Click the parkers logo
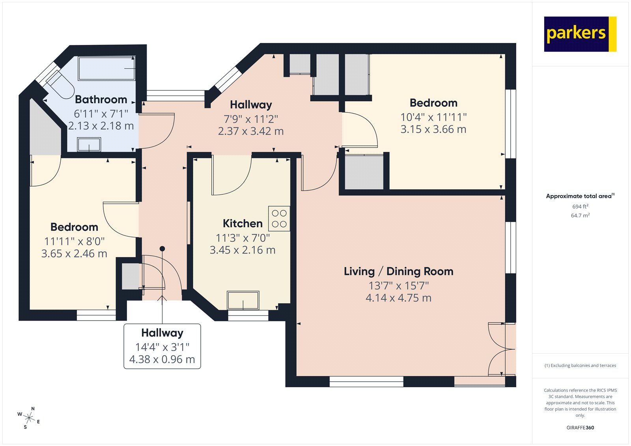point(580,34)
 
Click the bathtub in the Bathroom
point(107,69)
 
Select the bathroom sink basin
point(89,144)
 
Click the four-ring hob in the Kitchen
point(279,218)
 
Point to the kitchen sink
point(243,300)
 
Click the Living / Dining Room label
point(398,271)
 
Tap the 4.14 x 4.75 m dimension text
point(398,298)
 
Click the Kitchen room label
point(243,224)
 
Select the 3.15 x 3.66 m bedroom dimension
point(433,129)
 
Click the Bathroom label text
point(101,99)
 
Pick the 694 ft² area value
point(580,207)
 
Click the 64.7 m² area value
point(580,215)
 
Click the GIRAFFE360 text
point(580,427)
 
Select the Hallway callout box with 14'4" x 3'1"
point(162,346)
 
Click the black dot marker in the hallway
point(162,248)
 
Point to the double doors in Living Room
point(502,349)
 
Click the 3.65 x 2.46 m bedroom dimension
point(74,254)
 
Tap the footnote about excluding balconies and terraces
point(580,366)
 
